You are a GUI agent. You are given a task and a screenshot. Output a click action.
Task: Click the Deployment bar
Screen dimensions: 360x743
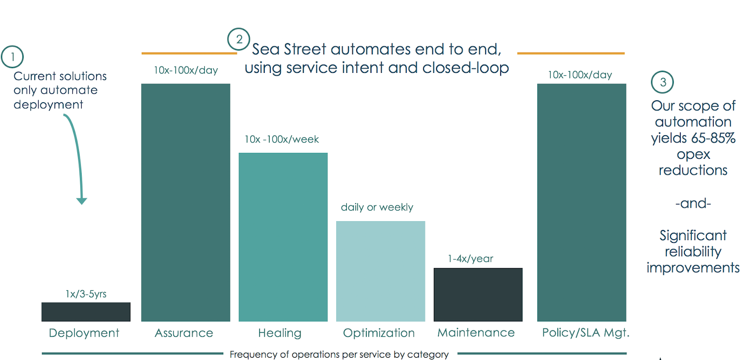[x=86, y=312]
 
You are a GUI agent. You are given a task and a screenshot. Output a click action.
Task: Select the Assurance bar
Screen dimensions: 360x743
[x=186, y=203]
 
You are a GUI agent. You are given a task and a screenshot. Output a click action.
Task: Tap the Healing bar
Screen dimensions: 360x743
[x=283, y=237]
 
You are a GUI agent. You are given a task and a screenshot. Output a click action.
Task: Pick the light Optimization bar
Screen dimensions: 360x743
[x=381, y=271]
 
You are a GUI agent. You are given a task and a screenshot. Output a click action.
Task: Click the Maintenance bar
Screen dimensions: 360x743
[x=478, y=295]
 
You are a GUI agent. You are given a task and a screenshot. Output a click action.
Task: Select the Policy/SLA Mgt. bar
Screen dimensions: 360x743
[x=581, y=203]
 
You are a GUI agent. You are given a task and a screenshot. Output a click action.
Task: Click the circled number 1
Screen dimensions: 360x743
[x=13, y=57]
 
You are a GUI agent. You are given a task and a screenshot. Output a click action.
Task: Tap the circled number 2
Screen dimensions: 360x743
[x=239, y=39]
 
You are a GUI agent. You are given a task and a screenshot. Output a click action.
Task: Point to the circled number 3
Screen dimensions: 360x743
[x=663, y=82]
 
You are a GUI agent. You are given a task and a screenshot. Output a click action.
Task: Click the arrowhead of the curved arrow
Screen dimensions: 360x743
[x=82, y=201]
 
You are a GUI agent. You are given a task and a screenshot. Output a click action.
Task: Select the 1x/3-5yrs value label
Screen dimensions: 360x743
[x=86, y=294]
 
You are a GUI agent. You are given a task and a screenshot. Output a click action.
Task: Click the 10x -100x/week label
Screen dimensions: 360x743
[x=282, y=139]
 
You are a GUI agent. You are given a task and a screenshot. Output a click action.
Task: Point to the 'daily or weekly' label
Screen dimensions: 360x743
[x=377, y=207]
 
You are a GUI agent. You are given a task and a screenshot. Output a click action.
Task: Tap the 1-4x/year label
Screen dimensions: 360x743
[x=470, y=259]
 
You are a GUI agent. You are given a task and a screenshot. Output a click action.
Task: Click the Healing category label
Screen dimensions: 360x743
[x=280, y=333]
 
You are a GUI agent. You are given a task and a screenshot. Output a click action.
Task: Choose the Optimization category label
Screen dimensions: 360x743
[x=379, y=333]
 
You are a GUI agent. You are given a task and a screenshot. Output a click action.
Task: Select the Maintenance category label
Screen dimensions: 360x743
[x=476, y=333]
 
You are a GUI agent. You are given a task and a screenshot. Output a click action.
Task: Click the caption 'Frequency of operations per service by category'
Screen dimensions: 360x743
[x=339, y=354]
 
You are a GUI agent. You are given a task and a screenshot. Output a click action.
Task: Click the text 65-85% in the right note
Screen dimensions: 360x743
[x=713, y=138]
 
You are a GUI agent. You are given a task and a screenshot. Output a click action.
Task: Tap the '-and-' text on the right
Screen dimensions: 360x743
[x=693, y=203]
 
